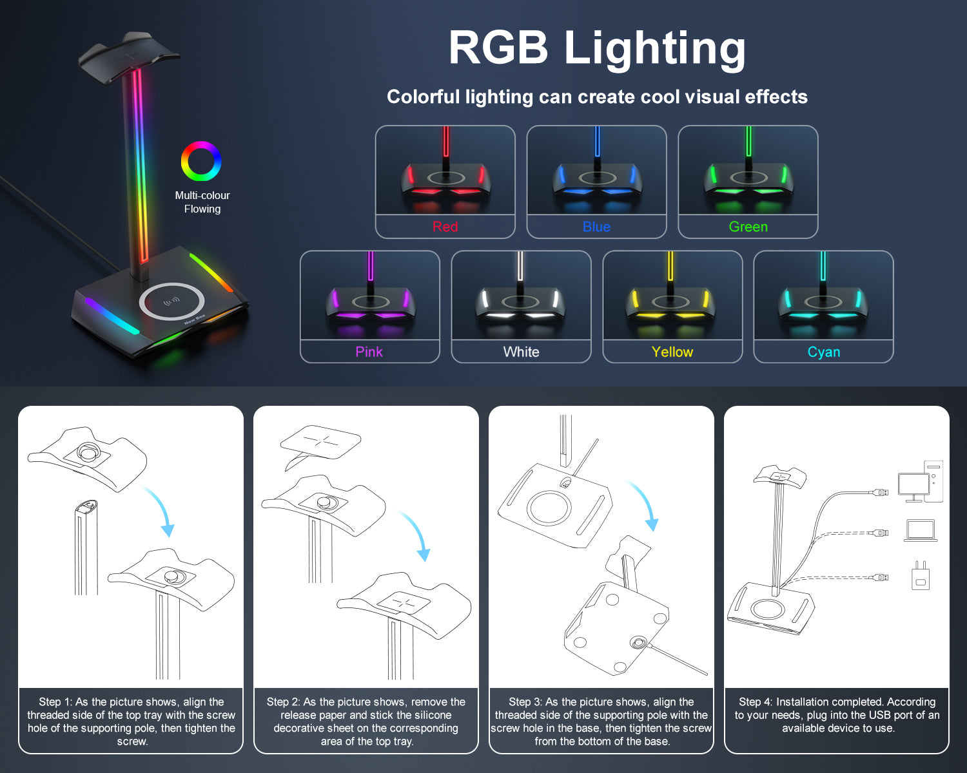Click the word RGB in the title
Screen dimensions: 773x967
[x=498, y=48]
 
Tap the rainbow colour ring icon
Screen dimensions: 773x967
[x=201, y=161]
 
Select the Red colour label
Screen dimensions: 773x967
[x=445, y=227]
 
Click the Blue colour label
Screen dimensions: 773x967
[x=596, y=227]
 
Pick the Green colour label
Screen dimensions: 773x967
[x=748, y=227]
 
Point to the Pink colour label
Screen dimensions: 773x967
[x=369, y=352]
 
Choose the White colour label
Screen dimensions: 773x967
[x=521, y=352]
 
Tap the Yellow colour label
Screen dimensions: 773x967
[x=672, y=352]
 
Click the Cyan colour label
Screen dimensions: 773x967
[x=824, y=352]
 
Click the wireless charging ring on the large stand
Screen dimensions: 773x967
[x=171, y=301]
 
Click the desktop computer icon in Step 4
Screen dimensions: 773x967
[x=921, y=482]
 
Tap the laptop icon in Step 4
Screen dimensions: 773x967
[x=921, y=530]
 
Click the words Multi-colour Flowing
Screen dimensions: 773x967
[x=202, y=202]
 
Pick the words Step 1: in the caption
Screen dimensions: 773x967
[x=55, y=702]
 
